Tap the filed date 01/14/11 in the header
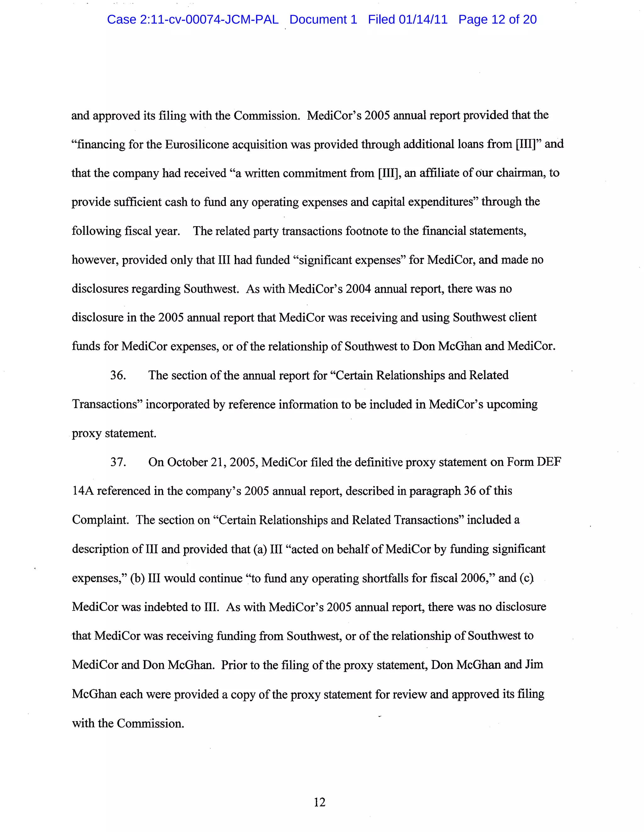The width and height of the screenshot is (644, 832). pyautogui.click(x=423, y=19)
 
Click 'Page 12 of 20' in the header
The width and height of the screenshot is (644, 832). pyautogui.click(x=497, y=19)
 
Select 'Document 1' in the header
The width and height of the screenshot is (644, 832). pyautogui.click(x=323, y=19)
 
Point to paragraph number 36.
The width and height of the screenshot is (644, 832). pyautogui.click(x=118, y=375)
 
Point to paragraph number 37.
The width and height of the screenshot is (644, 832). pyautogui.click(x=118, y=462)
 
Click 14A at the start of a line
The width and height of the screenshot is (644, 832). pyautogui.click(x=83, y=491)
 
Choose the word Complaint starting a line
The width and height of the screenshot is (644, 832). pyautogui.click(x=100, y=520)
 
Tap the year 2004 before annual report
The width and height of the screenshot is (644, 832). pyautogui.click(x=358, y=289)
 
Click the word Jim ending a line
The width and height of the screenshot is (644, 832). pyautogui.click(x=534, y=665)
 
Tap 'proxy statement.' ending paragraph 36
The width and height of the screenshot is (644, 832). pyautogui.click(x=114, y=434)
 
